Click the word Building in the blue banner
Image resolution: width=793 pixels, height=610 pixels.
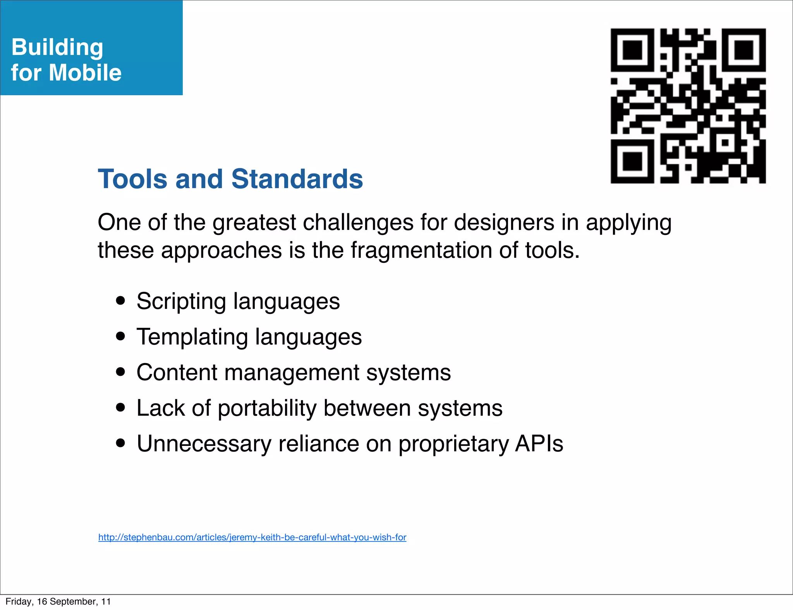pyautogui.click(x=57, y=48)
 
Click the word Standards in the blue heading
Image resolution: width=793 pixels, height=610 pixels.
pyautogui.click(x=297, y=179)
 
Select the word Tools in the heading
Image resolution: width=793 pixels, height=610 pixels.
pyautogui.click(x=133, y=179)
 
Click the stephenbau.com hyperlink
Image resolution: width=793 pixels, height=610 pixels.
pyautogui.click(x=252, y=537)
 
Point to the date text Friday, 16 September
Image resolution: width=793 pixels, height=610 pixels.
pyautogui.click(x=58, y=601)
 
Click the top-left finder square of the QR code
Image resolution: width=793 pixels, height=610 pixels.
pyautogui.click(x=632, y=50)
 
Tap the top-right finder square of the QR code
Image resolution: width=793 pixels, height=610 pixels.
pyautogui.click(x=744, y=50)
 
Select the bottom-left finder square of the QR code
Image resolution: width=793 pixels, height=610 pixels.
pyautogui.click(x=632, y=161)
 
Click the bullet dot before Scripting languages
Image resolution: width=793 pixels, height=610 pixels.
pyautogui.click(x=121, y=301)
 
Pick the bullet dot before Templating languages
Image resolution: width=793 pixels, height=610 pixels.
pyautogui.click(x=121, y=336)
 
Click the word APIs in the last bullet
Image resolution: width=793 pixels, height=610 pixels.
pyautogui.click(x=539, y=444)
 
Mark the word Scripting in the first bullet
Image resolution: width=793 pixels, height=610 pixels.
pyautogui.click(x=181, y=302)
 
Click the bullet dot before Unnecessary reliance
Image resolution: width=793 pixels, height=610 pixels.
pyautogui.click(x=121, y=443)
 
